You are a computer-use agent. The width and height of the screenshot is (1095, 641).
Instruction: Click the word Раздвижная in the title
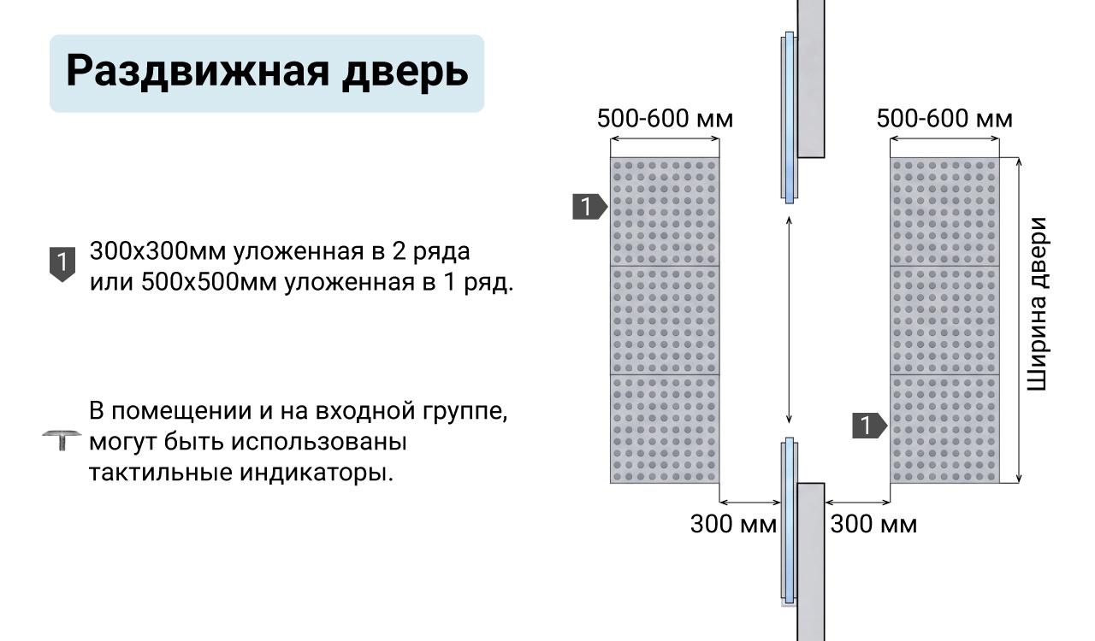[x=198, y=72]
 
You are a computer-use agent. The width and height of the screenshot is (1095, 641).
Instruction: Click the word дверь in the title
[x=405, y=72]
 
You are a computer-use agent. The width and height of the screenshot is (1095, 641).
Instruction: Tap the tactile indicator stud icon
[x=62, y=440]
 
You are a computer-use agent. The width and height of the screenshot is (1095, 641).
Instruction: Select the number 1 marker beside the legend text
[x=62, y=264]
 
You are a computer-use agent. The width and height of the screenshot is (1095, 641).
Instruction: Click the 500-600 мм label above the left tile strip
[x=665, y=119]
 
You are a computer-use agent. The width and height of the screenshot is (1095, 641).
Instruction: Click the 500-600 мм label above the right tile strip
[x=944, y=119]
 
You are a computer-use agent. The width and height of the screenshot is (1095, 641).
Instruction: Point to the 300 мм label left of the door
[x=733, y=524]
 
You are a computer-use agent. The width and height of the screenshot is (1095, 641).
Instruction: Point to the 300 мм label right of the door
[x=873, y=524]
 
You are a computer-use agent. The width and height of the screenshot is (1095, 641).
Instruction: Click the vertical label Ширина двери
[x=1038, y=304]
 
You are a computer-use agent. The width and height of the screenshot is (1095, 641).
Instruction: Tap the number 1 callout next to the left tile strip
[x=589, y=207]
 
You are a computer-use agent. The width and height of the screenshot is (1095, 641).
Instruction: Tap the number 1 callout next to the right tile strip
[x=870, y=426]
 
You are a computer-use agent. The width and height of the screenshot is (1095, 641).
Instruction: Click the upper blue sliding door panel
[x=789, y=117]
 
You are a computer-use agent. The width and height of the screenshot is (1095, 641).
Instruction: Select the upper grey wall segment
[x=811, y=79]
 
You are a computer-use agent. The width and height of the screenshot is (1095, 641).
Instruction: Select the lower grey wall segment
[x=811, y=562]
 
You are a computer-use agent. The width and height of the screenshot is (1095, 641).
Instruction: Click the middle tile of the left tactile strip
[x=665, y=320]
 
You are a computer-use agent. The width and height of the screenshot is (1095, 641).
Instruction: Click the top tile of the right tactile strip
[x=944, y=212]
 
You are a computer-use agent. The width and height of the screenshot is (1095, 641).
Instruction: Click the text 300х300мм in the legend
[x=158, y=251]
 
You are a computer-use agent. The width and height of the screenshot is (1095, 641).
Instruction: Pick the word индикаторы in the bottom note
[x=317, y=473]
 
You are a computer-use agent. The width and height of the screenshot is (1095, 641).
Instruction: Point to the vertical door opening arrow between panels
[x=789, y=320]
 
